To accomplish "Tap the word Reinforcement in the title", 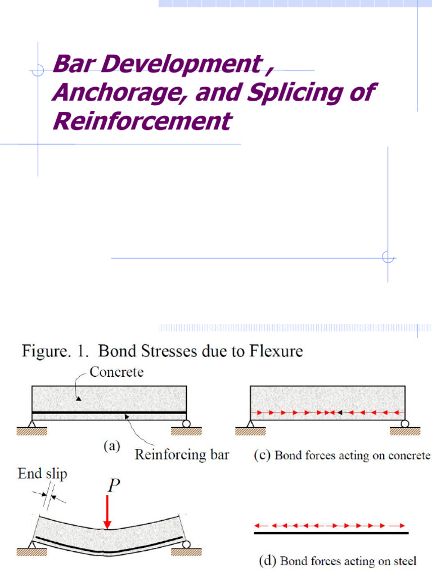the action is (141, 120).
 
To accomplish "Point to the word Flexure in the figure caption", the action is (275, 352).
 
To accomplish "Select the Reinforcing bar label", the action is (182, 454).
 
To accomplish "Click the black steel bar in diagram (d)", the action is (331, 532).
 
